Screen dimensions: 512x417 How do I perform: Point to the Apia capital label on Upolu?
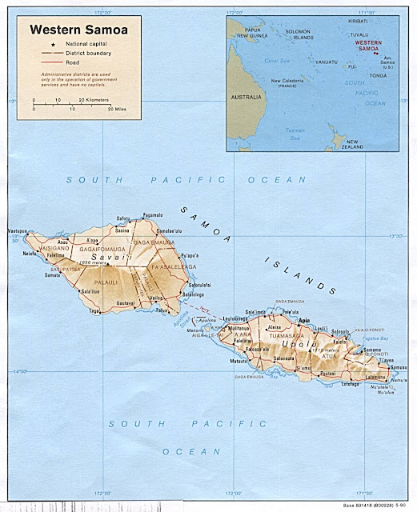[303, 320]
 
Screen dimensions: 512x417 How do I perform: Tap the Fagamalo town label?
[152, 215]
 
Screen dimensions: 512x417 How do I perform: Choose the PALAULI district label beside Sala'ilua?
[106, 282]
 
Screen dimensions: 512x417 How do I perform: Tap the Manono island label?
[194, 330]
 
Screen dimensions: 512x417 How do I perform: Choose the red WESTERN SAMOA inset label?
[368, 45]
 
